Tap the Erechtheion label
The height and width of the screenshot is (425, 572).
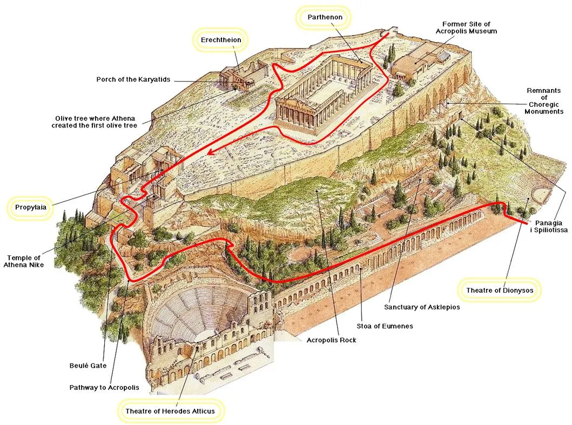click(x=221, y=40)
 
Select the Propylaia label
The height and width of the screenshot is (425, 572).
click(x=31, y=207)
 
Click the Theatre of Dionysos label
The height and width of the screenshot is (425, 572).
click(x=500, y=291)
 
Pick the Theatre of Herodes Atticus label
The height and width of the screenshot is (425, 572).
click(x=170, y=411)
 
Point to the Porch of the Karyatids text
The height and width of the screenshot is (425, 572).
click(x=133, y=79)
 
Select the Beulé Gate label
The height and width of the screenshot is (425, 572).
click(x=88, y=366)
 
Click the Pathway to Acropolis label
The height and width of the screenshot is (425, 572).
click(x=104, y=387)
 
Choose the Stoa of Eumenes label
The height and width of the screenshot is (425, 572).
click(x=384, y=326)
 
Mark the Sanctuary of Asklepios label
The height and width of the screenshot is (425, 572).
click(x=422, y=307)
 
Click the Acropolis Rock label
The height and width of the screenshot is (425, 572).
click(x=332, y=340)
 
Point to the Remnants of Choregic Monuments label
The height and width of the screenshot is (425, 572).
click(x=545, y=101)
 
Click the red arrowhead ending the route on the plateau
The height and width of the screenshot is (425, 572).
click(x=210, y=153)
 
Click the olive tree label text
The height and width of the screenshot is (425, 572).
click(x=94, y=122)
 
